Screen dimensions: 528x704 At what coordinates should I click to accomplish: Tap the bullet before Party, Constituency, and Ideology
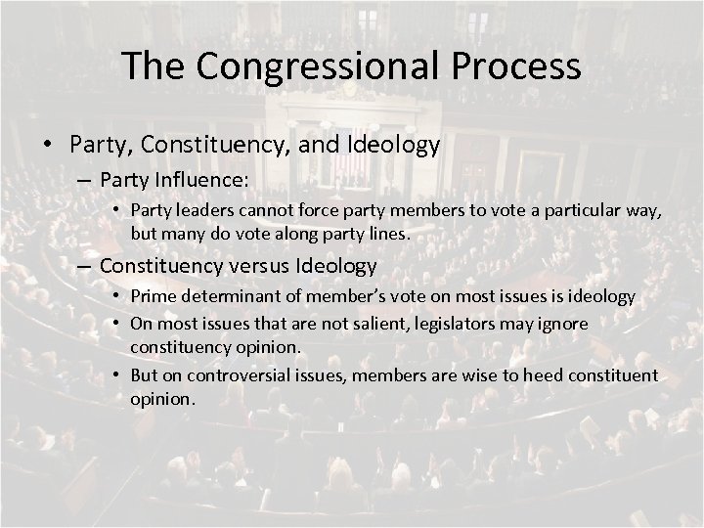click(x=48, y=145)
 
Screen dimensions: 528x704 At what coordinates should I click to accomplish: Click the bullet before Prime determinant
click(x=117, y=296)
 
